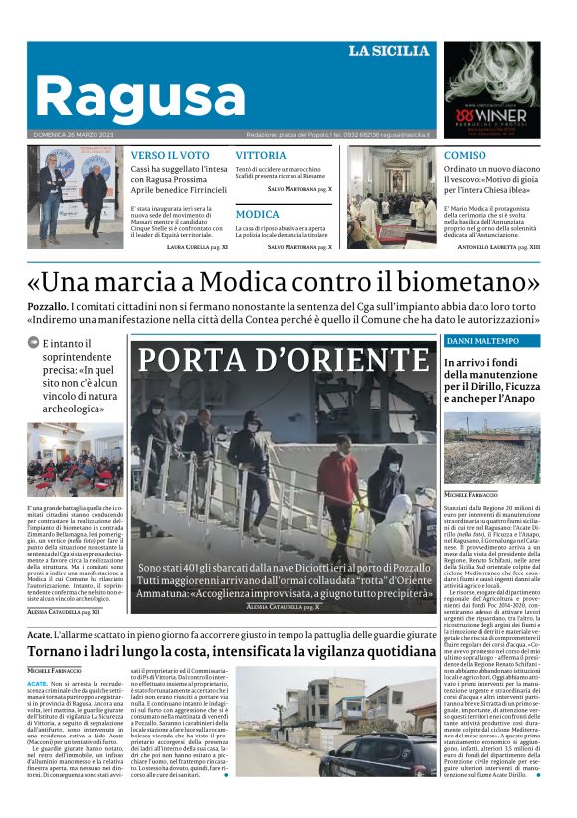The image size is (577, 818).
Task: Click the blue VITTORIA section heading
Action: [x=261, y=156]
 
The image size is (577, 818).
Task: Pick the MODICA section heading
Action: [x=257, y=214]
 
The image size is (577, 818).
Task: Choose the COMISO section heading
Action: [x=465, y=156]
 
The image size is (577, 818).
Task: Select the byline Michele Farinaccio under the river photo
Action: [x=472, y=494]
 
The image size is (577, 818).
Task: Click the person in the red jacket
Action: [x=338, y=475]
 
